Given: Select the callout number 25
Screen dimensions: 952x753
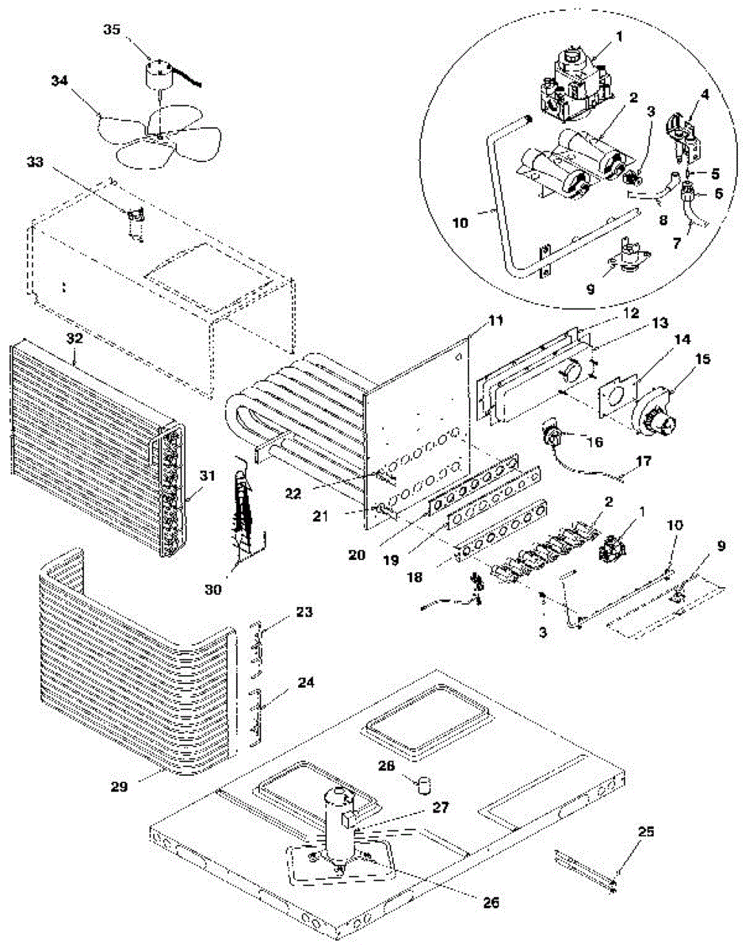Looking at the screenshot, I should click(647, 831).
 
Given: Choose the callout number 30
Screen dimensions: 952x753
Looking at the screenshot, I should click(212, 589).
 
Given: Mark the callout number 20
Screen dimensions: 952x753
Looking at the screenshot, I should click(357, 555).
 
